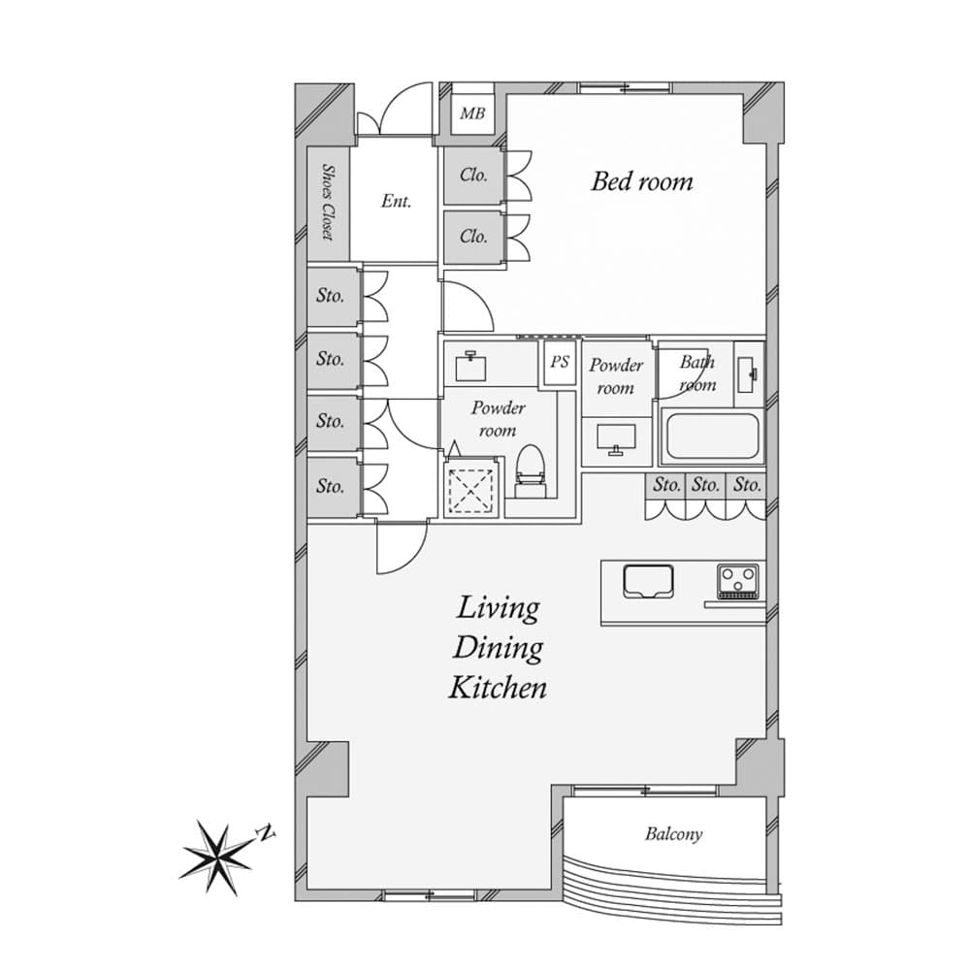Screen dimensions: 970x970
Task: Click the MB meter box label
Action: pos(472,113)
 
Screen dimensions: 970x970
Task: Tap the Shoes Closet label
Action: pos(328,202)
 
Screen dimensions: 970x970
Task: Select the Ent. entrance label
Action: pos(396,201)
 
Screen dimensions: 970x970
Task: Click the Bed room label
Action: pos(641,181)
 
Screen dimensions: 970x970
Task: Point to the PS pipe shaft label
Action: pos(560,361)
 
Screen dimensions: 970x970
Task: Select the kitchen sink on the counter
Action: pos(648,580)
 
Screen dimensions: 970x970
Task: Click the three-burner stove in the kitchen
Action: pos(737,580)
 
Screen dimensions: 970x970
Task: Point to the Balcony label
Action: pos(674,834)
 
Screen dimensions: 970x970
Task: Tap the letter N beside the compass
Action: pos(267,833)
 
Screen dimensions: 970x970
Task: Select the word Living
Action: pos(498,609)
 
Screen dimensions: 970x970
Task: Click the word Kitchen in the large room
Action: pos(498,688)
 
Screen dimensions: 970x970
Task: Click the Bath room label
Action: pos(697,373)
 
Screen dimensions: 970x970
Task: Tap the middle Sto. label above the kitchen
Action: pos(705,484)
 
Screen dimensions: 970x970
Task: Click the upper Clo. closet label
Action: pos(473,175)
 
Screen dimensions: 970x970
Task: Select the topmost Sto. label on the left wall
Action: pos(331,296)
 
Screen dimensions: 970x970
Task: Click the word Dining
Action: pos(498,649)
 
